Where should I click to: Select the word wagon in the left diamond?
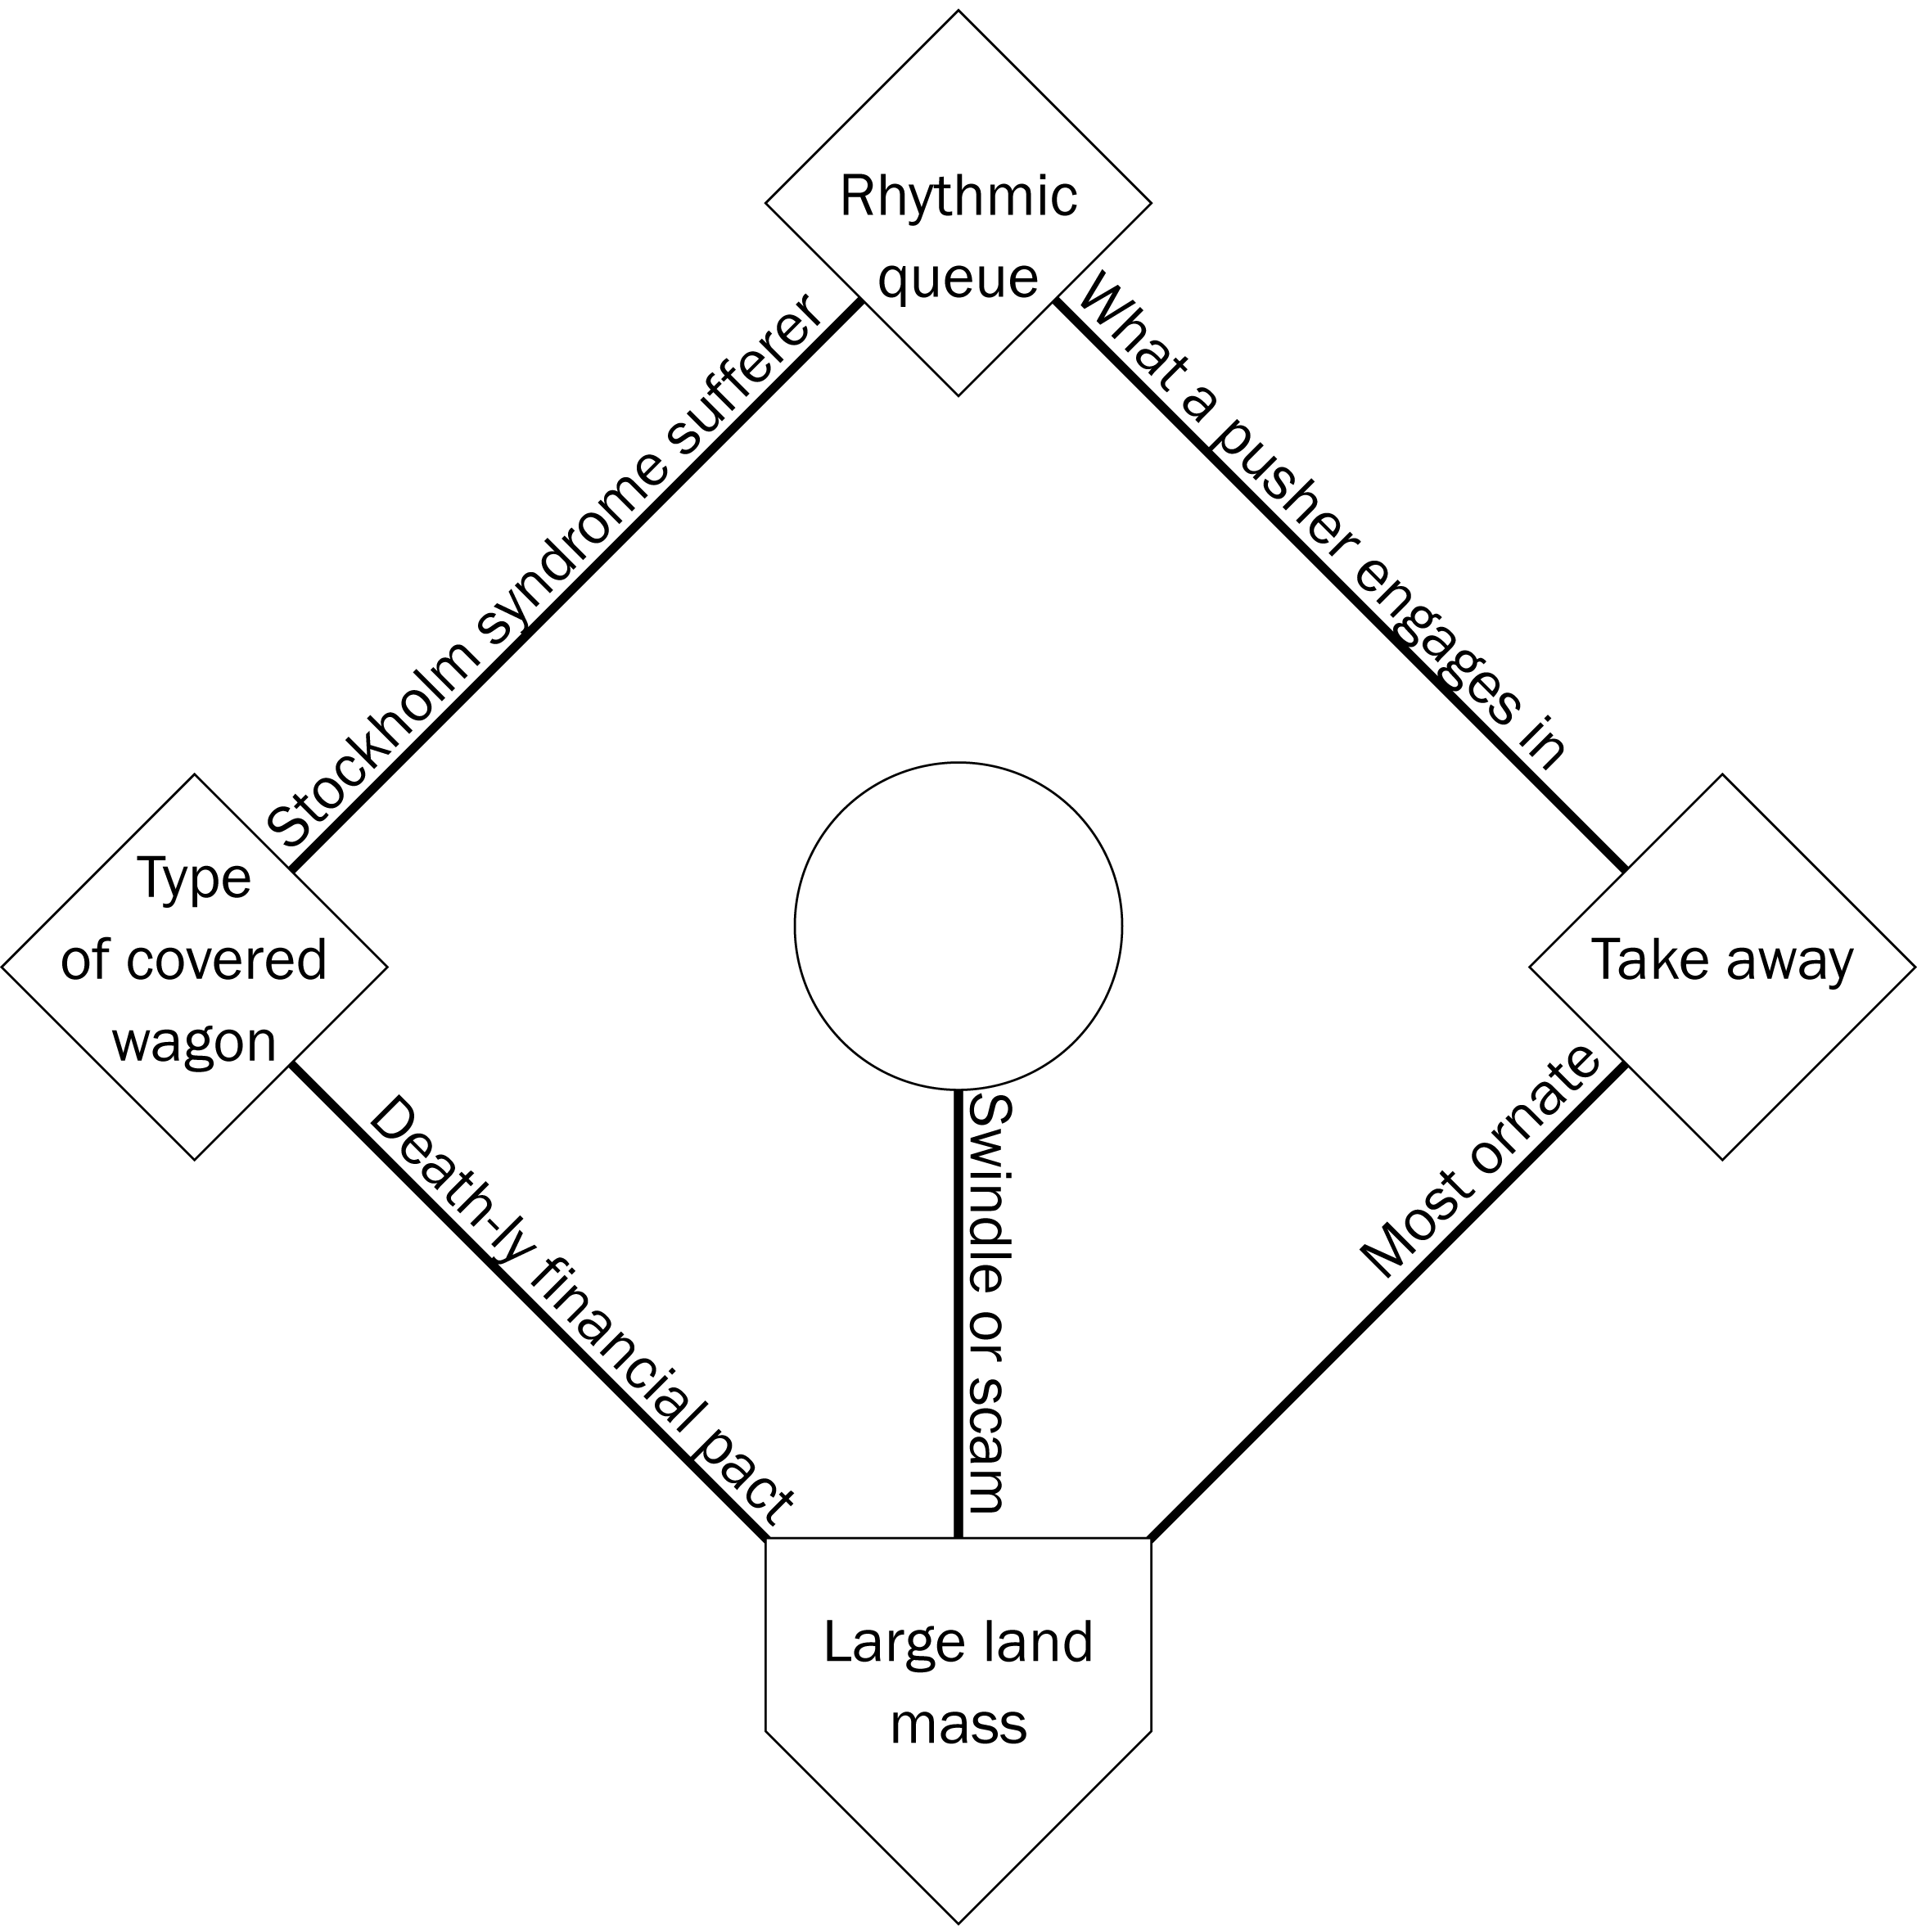coord(194,1043)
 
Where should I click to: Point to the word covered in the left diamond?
coord(228,960)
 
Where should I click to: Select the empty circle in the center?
coord(958,926)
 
